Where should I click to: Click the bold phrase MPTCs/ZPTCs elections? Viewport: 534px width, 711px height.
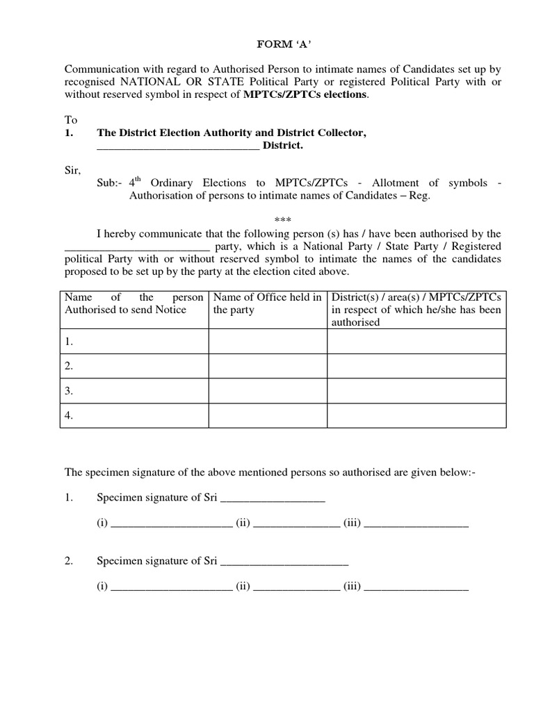click(305, 95)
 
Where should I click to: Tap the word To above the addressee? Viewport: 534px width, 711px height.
click(71, 120)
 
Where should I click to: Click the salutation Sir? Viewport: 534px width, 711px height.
click(72, 170)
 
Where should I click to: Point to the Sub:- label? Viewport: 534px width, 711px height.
click(109, 183)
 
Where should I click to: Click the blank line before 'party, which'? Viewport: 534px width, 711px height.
click(137, 247)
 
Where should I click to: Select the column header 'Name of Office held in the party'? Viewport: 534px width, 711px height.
click(268, 303)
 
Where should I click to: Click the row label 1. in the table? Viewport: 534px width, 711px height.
click(69, 342)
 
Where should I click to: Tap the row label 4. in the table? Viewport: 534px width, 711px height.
click(69, 416)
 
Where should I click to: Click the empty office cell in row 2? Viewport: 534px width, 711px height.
click(268, 366)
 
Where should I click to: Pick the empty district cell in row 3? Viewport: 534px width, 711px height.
click(416, 391)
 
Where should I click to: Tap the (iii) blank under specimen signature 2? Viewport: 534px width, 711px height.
click(416, 587)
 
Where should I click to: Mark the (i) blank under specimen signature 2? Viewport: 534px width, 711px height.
click(171, 587)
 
